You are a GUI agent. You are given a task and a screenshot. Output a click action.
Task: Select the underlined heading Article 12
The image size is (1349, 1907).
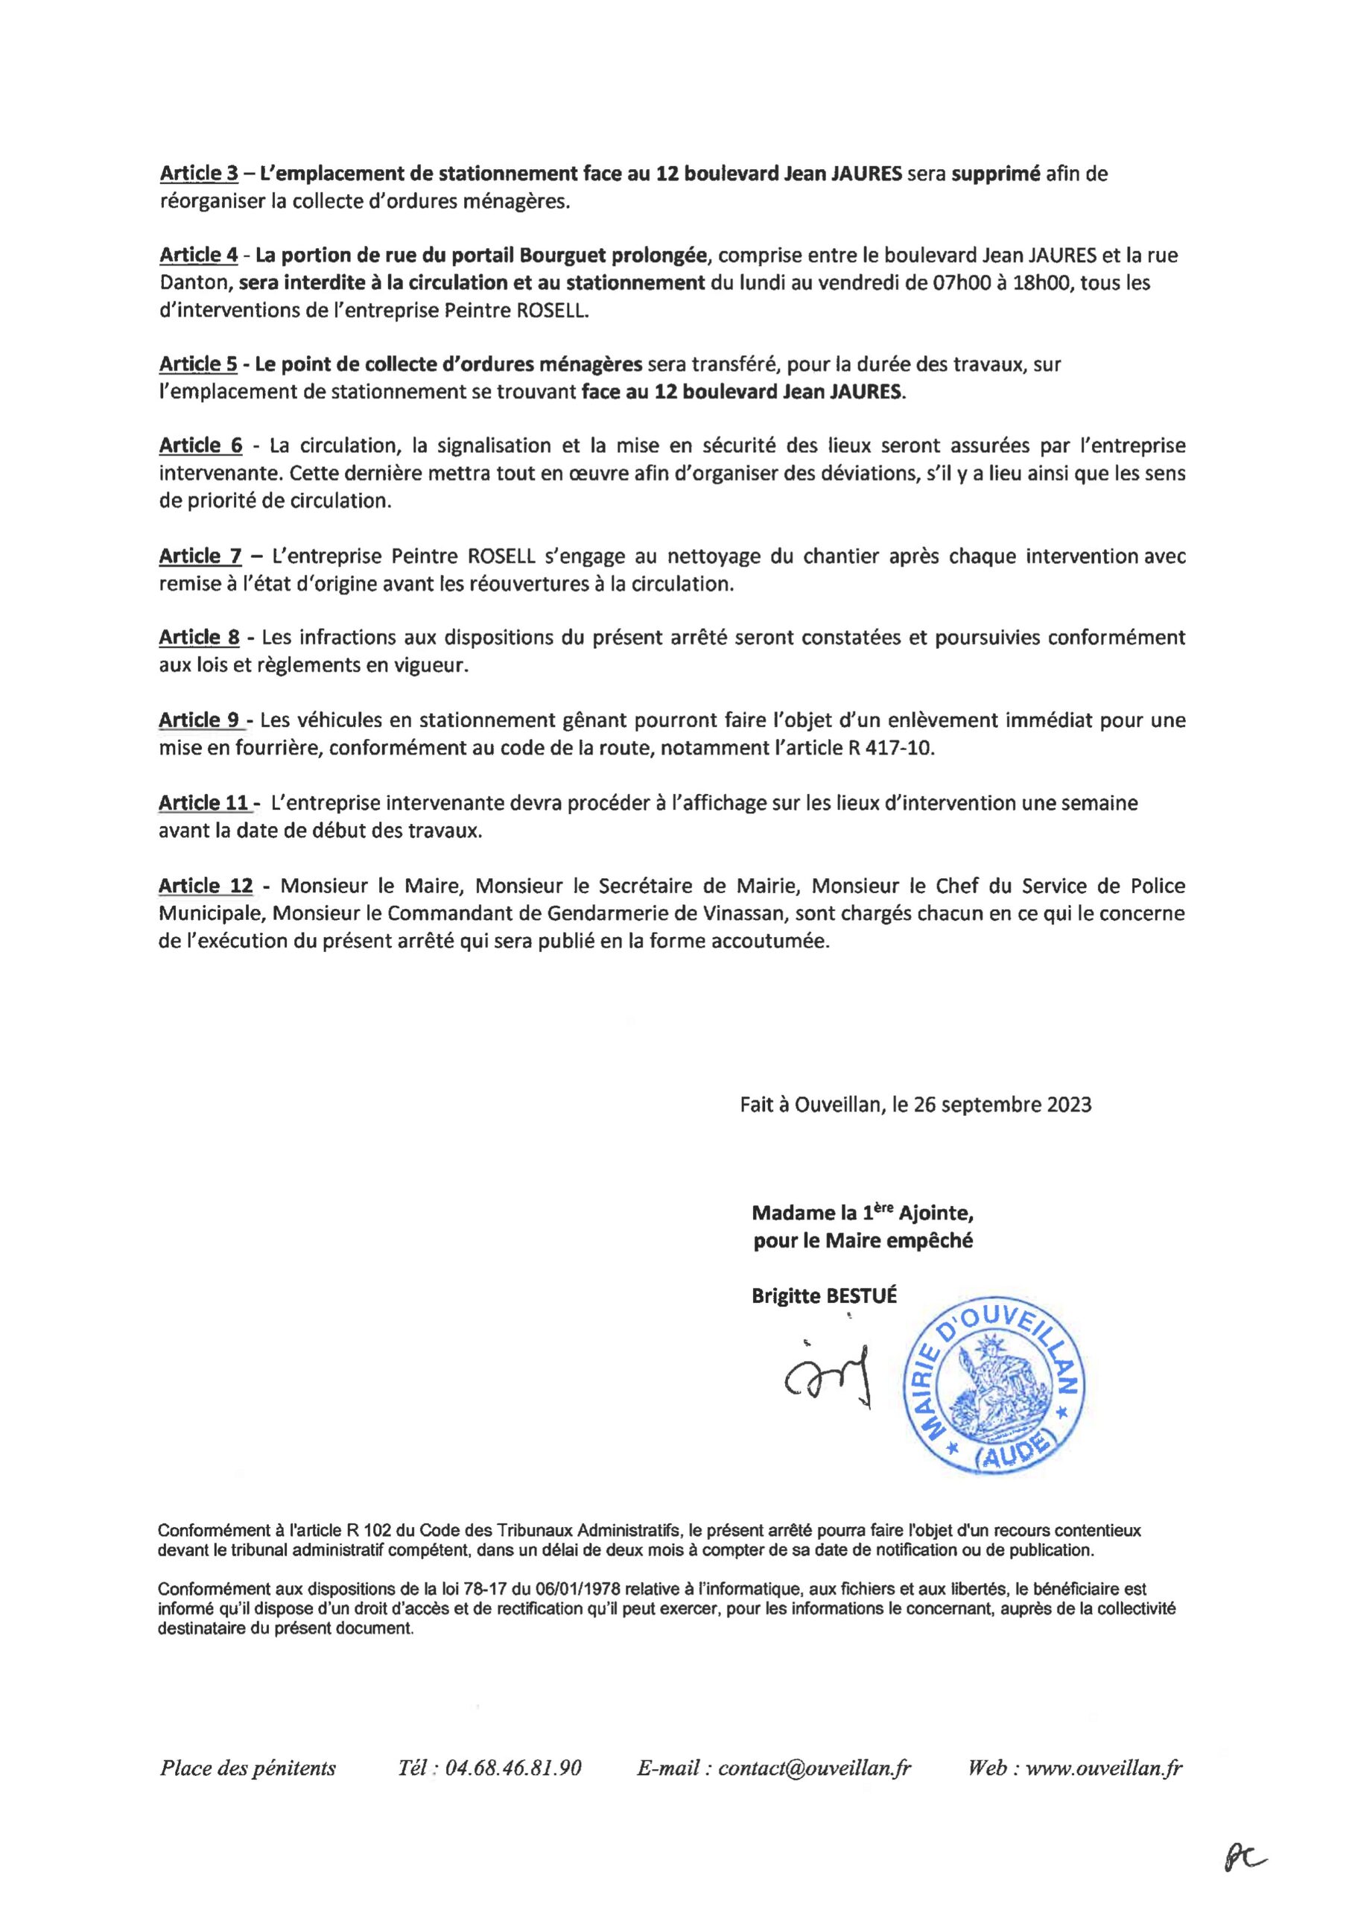205,886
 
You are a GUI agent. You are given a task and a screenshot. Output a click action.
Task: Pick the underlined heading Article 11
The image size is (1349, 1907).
203,803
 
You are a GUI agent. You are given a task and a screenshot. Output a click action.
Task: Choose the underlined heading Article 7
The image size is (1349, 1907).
200,556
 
